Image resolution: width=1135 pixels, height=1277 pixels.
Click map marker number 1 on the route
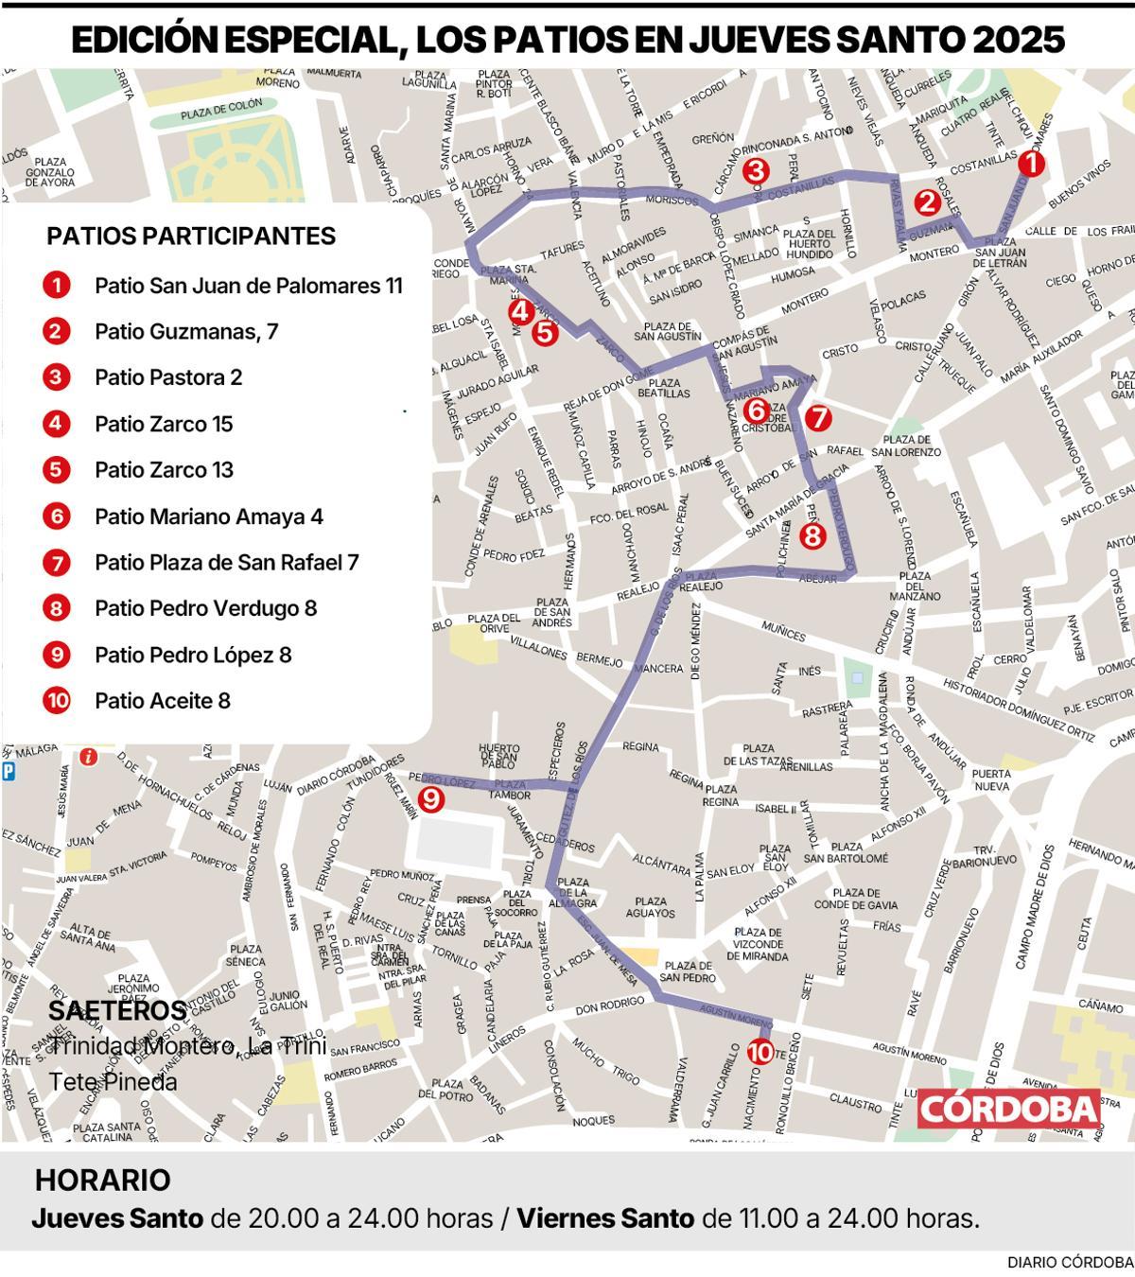1031,165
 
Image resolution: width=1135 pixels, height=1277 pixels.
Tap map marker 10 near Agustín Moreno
760,1051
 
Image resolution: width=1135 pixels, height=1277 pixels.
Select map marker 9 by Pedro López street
430,799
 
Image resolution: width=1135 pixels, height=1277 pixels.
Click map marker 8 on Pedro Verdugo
812,535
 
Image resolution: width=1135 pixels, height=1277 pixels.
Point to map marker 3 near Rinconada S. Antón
755,170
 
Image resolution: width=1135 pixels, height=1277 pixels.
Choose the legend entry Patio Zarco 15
164,424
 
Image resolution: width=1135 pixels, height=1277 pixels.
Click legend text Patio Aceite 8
163,701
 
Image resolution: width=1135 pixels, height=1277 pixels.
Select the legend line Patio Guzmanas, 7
186,331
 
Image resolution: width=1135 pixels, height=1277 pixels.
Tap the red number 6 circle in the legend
57,516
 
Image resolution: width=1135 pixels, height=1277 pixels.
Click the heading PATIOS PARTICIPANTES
191,236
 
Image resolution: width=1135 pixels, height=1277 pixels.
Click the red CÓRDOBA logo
1008,1109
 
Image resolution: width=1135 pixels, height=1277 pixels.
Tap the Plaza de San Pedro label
687,971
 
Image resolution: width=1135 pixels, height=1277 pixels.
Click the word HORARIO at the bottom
103,1181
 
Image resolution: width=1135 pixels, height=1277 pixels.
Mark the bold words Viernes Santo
605,1218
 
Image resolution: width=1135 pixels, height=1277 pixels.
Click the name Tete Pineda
113,1081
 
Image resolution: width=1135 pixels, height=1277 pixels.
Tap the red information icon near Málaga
88,757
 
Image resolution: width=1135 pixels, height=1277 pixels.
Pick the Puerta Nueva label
991,779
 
